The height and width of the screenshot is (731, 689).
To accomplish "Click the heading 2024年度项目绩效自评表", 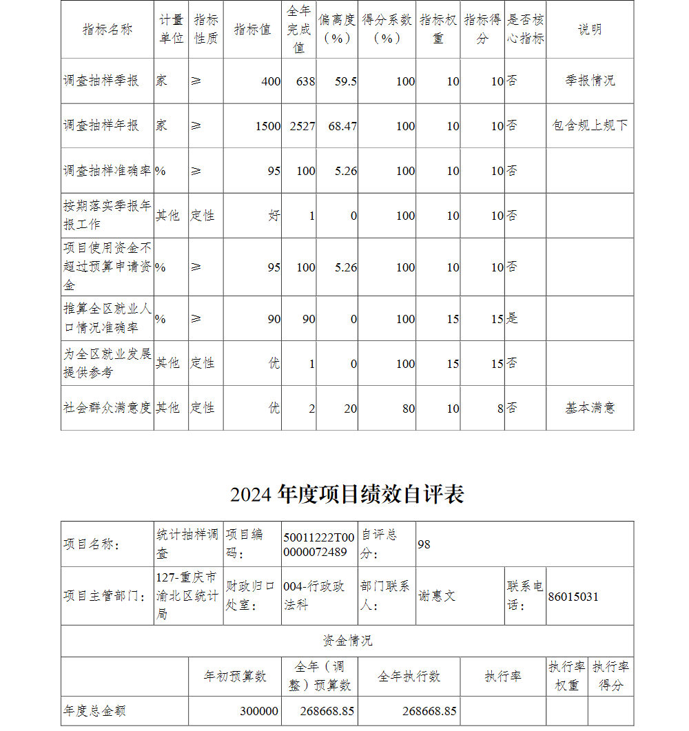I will click(347, 494).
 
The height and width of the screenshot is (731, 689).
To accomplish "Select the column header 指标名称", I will click(107, 30).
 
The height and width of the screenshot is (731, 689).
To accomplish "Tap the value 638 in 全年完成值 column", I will click(305, 81).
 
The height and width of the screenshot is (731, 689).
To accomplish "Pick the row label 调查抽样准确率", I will click(107, 170).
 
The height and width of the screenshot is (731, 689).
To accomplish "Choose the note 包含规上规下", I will click(590, 125).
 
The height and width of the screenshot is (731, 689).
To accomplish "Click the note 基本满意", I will click(590, 408).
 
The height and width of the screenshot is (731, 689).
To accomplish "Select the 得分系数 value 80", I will click(409, 409).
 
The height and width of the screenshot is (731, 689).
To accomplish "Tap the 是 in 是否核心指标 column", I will click(512, 318).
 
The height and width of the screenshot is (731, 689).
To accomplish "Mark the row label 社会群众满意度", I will click(107, 408).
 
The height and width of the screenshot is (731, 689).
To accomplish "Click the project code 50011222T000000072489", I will click(319, 544).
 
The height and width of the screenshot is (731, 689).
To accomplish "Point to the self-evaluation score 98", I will click(424, 544).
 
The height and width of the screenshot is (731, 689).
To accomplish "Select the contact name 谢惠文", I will click(437, 596).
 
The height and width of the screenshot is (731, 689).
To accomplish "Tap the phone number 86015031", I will click(573, 597).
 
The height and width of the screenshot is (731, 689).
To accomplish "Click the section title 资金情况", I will click(347, 641).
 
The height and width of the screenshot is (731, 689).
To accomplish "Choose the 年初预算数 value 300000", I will click(259, 711).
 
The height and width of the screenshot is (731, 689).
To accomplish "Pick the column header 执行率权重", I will click(567, 676).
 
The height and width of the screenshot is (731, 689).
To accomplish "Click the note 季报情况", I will click(590, 81).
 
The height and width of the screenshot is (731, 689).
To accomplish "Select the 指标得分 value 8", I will click(500, 409).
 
